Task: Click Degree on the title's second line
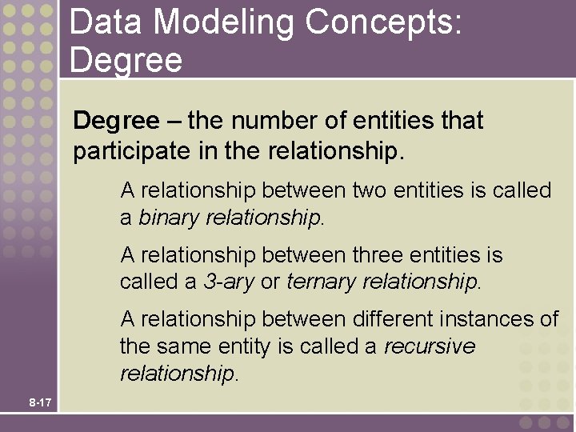[x=126, y=60]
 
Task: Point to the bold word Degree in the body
[x=116, y=121]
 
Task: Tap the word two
[x=370, y=190]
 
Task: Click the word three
[x=379, y=255]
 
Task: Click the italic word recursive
[x=430, y=346]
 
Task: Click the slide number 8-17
[x=39, y=402]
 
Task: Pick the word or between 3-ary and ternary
[x=270, y=282]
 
